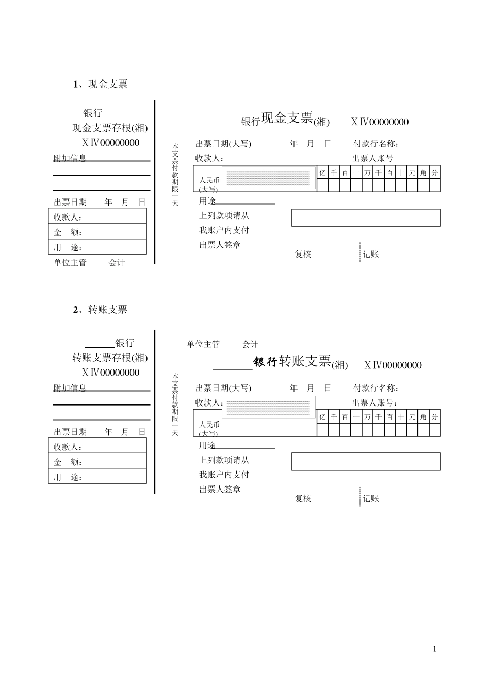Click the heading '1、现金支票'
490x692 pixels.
101,84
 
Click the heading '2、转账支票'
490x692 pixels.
101,310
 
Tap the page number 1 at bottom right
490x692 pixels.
435,649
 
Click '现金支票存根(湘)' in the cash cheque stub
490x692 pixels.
109,128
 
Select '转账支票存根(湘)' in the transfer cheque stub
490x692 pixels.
109,358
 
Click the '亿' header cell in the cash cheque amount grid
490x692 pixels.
322,173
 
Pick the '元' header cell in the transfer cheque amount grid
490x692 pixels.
412,417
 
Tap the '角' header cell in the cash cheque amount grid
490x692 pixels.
423,173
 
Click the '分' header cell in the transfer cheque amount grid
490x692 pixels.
435,417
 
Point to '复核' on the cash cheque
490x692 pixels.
303,254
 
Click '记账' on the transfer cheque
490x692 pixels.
371,498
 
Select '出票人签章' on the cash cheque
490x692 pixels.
220,245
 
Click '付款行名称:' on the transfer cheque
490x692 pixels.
376,388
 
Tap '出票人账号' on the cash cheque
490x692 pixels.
372,158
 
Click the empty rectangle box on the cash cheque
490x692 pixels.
366,217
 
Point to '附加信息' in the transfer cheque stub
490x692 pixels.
70,387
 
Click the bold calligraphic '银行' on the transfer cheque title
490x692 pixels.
265,362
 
